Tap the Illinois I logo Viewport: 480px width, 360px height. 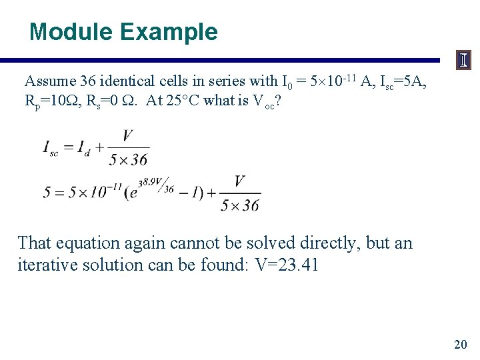click(463, 61)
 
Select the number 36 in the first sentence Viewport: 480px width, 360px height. click(89, 82)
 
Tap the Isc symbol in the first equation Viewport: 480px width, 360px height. click(51, 148)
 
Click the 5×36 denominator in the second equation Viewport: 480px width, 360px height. click(240, 205)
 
